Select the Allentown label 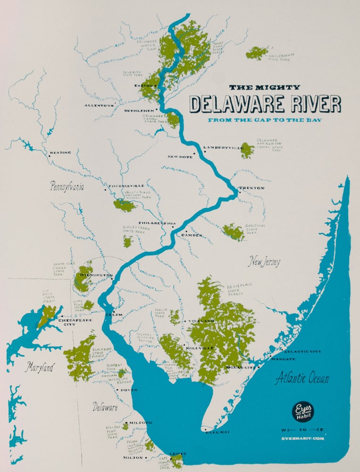point(99,105)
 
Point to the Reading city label point(61,153)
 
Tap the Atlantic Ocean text point(302,378)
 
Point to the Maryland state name point(40,367)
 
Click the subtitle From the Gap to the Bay point(265,120)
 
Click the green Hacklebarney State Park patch point(257,53)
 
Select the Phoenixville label point(126,186)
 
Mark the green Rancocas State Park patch point(233,232)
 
